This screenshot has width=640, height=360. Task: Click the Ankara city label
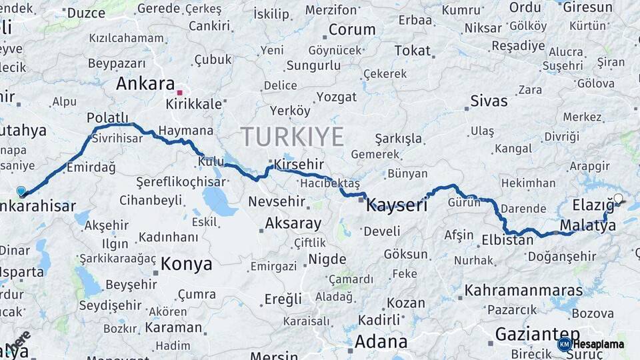pyautogui.click(x=145, y=83)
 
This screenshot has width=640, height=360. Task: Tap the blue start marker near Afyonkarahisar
pyautogui.click(x=21, y=192)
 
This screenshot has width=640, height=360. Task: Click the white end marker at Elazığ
pyautogui.click(x=618, y=199)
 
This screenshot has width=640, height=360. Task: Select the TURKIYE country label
pyautogui.click(x=292, y=137)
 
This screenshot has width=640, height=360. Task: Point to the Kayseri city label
pyautogui.click(x=397, y=205)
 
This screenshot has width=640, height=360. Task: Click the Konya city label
pyautogui.click(x=187, y=264)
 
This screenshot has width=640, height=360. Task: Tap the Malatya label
pyautogui.click(x=588, y=226)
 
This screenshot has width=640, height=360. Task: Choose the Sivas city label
pyautogui.click(x=489, y=101)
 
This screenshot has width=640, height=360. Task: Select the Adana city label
pyautogui.click(x=381, y=342)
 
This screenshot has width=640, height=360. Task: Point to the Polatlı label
pyautogui.click(x=107, y=117)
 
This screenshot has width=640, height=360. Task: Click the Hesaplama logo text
pyautogui.click(x=599, y=344)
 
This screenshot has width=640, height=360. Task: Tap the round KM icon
pyautogui.click(x=564, y=344)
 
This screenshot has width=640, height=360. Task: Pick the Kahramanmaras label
pyautogui.click(x=523, y=291)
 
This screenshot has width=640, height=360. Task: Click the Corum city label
pyautogui.click(x=352, y=30)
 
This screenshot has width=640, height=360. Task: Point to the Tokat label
pyautogui.click(x=412, y=51)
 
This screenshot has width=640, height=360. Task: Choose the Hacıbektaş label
pyautogui.click(x=329, y=183)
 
